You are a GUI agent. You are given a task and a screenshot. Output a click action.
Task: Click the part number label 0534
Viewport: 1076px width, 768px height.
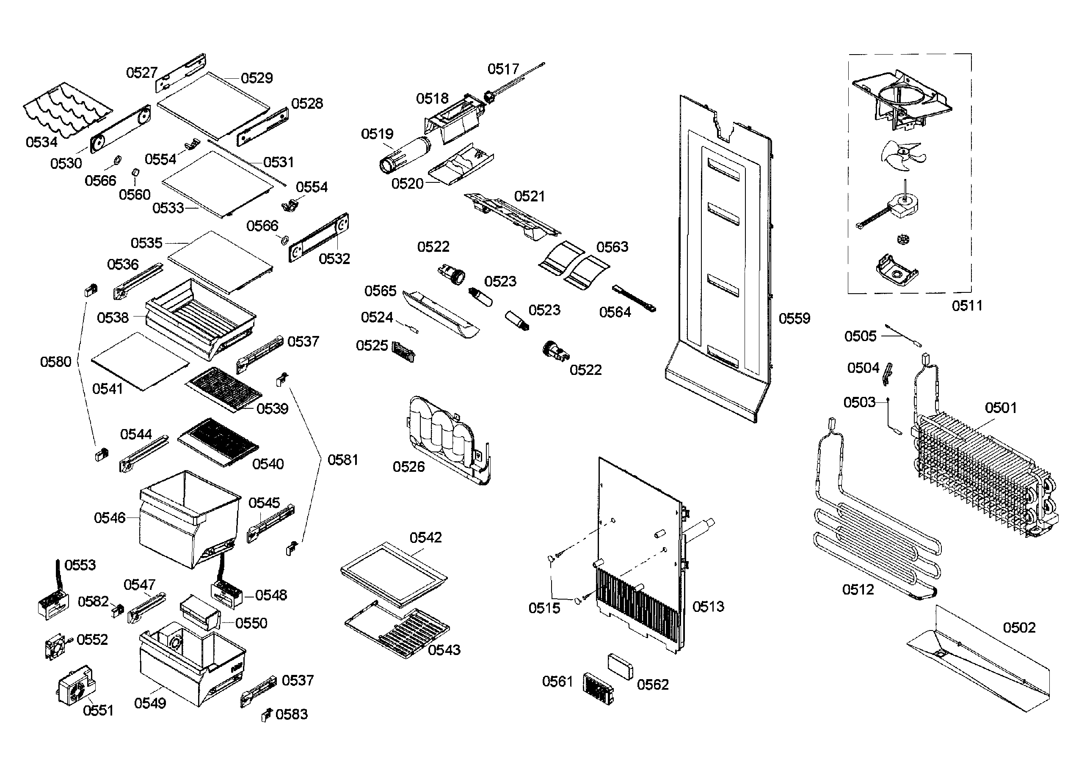pyautogui.click(x=41, y=142)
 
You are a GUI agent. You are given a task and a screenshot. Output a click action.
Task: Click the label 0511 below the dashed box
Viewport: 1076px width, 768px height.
pyautogui.click(x=967, y=306)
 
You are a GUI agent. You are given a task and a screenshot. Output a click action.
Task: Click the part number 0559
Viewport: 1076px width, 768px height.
pyautogui.click(x=794, y=318)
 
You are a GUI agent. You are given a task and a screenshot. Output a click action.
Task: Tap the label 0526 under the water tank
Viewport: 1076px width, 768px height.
pyautogui.click(x=408, y=467)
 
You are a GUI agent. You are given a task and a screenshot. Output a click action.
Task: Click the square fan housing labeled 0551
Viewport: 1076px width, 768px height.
pyautogui.click(x=76, y=686)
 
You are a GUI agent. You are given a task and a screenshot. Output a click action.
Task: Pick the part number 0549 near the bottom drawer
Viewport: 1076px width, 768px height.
pyautogui.click(x=150, y=703)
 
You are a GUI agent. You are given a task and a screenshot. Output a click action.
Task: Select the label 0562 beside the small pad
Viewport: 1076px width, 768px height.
pyautogui.click(x=653, y=684)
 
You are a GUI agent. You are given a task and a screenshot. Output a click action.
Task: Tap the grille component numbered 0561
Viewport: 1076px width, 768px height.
pyautogui.click(x=598, y=688)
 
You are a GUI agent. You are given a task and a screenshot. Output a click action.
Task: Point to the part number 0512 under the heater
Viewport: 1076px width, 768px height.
pyautogui.click(x=858, y=590)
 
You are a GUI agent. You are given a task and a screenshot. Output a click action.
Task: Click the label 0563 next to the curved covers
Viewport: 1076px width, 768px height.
pyautogui.click(x=612, y=247)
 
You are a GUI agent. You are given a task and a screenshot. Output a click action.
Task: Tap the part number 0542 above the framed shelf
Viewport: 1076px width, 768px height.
pyautogui.click(x=425, y=538)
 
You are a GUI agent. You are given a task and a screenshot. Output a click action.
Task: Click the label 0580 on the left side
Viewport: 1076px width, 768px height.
pyautogui.click(x=55, y=362)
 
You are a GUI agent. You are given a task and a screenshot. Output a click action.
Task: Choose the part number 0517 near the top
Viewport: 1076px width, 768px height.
pyautogui.click(x=503, y=69)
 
